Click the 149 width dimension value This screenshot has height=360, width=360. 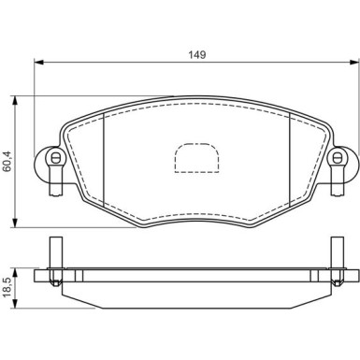click(x=195, y=55)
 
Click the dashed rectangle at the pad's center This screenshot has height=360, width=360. click(x=195, y=158)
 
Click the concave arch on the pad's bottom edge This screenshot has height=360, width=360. click(x=195, y=214)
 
